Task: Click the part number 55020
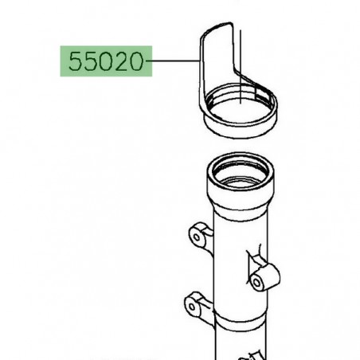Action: click(106, 61)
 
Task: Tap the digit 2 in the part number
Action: click(121, 61)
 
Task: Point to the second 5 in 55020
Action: click(90, 61)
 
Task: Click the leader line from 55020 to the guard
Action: click(173, 61)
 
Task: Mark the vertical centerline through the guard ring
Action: click(241, 66)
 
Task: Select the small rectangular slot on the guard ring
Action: click(260, 93)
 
